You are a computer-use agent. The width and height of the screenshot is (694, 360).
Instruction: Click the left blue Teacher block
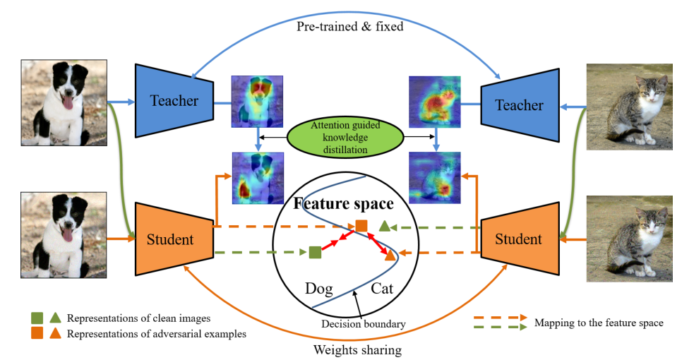pos(174,100)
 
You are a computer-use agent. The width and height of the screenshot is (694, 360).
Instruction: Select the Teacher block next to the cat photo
pos(519,105)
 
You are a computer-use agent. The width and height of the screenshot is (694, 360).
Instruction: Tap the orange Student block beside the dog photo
pos(173,239)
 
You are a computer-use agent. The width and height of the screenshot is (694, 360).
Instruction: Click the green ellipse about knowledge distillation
pos(345,136)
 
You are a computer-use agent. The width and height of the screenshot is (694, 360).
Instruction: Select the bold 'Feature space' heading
pos(344,204)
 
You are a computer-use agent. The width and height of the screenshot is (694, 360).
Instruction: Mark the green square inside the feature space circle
pos(315,251)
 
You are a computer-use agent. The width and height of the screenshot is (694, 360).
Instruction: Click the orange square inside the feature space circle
pos(361,226)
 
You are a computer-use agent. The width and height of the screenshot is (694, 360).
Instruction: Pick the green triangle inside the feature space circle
pos(384,227)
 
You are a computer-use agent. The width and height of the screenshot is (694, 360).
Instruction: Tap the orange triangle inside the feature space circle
pos(390,256)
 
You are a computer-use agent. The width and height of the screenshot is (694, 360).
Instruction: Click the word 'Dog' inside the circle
pos(318,288)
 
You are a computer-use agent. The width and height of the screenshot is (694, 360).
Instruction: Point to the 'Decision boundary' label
pos(364,324)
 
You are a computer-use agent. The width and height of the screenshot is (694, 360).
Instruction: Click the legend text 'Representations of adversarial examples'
pos(157,334)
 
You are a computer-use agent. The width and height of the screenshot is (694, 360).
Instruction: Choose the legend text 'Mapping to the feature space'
pos(599,323)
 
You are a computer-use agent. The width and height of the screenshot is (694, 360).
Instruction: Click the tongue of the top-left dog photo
pos(68,104)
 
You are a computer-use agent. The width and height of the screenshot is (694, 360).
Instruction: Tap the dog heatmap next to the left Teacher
pos(257,101)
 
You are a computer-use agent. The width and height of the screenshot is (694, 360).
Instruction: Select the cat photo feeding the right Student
pos(629,239)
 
